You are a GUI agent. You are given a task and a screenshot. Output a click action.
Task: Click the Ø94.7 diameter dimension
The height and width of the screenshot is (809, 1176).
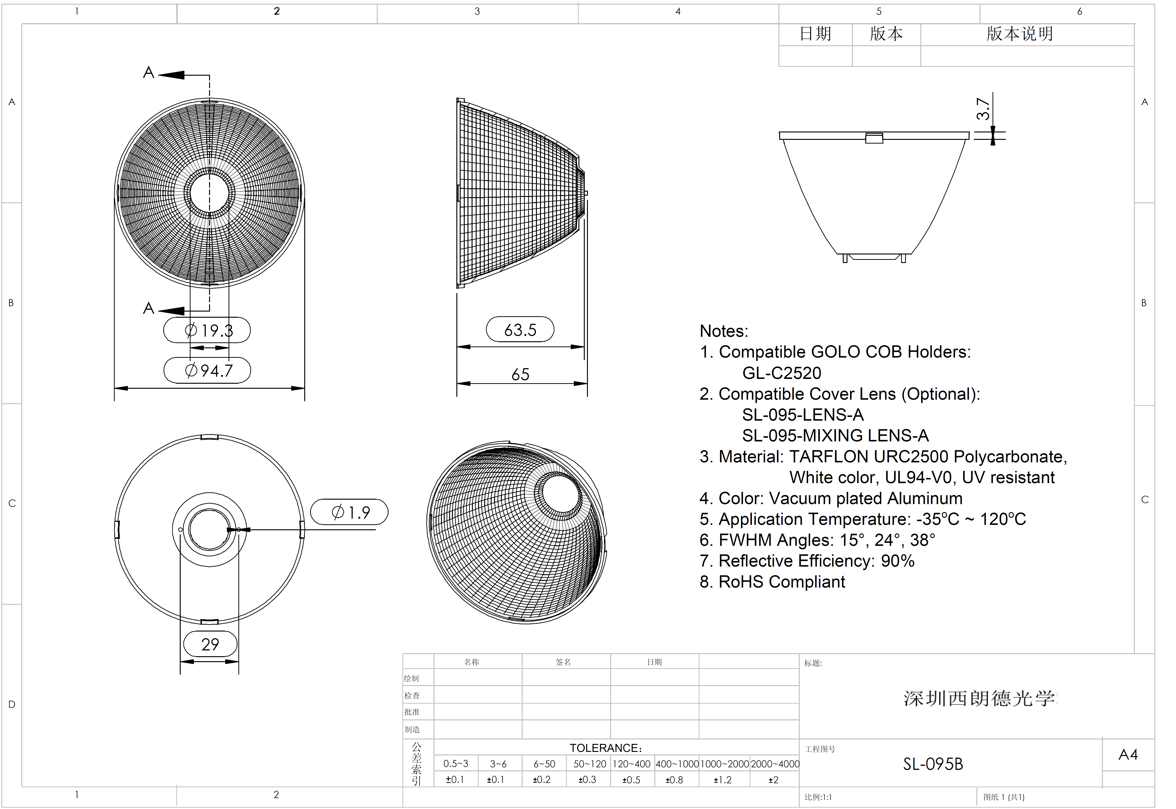click(x=208, y=371)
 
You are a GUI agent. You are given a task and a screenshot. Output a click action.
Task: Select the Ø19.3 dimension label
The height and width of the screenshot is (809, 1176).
click(x=208, y=330)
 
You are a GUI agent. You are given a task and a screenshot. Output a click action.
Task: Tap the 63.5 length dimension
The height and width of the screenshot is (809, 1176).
click(x=520, y=330)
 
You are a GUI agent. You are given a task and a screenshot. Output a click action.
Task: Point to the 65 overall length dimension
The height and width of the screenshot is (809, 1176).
click(x=520, y=375)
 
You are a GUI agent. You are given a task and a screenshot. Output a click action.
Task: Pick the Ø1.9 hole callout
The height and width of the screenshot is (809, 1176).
click(x=350, y=512)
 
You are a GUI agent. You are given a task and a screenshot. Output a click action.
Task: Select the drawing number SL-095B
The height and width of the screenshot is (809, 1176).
click(x=933, y=764)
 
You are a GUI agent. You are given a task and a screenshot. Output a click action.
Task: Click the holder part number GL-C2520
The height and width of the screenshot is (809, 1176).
click(x=782, y=373)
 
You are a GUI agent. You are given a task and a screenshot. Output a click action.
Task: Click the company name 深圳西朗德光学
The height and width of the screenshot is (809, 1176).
click(x=979, y=698)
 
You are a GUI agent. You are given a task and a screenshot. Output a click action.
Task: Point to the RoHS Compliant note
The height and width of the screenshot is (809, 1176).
click(x=772, y=582)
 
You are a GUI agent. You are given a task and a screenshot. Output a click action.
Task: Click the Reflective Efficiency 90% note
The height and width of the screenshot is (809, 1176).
click(x=807, y=561)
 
